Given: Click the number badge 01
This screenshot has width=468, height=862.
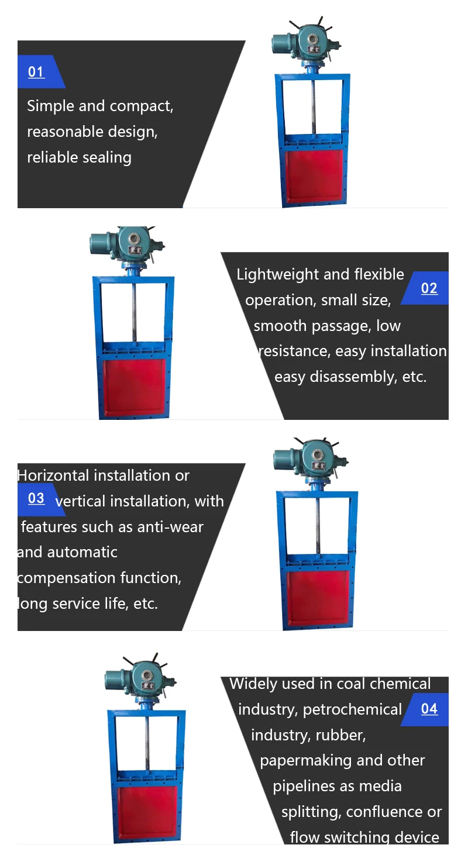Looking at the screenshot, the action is pos(36,72).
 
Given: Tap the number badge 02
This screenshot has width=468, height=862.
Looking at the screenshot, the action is pos(429,288).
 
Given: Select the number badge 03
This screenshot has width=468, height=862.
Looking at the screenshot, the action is pos(36,498).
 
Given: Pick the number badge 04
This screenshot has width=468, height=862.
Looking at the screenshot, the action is pos(429,709).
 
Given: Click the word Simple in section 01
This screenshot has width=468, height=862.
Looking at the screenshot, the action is pos(50,106).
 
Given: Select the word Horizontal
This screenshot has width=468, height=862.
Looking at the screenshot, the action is pos(54,475).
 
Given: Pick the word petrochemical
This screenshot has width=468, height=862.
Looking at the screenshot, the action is pos(352,709).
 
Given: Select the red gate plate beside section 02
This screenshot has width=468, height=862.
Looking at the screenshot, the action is pos(134,387).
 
